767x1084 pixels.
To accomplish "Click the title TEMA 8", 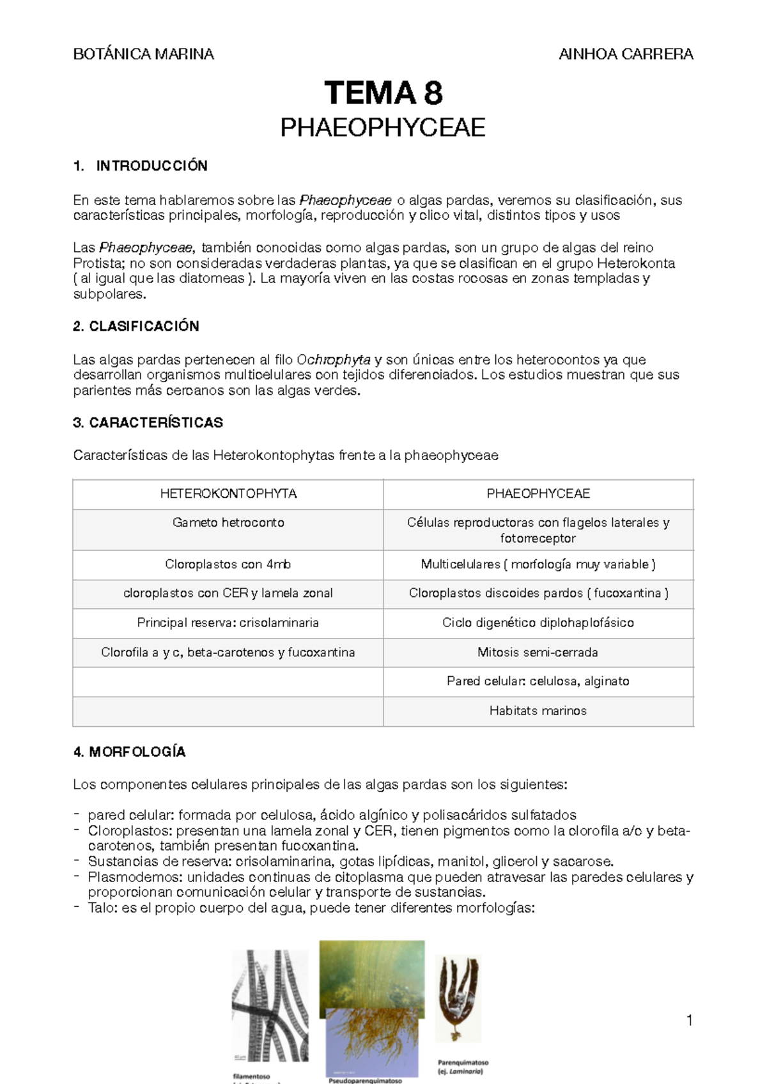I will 383,93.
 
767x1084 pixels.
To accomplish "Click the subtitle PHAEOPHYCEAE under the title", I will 383,128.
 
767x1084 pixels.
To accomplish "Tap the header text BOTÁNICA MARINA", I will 144,54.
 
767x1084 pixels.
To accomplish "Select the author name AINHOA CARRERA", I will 626,54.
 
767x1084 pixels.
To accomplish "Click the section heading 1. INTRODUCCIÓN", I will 141,166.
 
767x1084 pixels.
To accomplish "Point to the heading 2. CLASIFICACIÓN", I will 136,327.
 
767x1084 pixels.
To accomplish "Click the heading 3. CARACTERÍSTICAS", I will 148,422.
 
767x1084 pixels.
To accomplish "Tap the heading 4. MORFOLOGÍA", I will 129,752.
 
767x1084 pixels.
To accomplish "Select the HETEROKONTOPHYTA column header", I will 228,494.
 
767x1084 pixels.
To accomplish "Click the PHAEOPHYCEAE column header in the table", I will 538,494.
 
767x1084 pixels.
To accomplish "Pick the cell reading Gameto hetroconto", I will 228,523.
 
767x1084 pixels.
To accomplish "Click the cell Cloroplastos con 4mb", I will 228,564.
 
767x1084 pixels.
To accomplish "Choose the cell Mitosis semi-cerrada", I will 538,653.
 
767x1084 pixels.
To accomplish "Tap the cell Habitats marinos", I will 538,711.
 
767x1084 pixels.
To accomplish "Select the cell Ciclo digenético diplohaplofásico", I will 538,623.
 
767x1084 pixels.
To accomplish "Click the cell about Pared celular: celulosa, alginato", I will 538,681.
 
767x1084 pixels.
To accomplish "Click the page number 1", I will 690,1020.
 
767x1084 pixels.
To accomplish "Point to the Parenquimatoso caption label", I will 463,1063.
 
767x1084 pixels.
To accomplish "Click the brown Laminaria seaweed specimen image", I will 457,997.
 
